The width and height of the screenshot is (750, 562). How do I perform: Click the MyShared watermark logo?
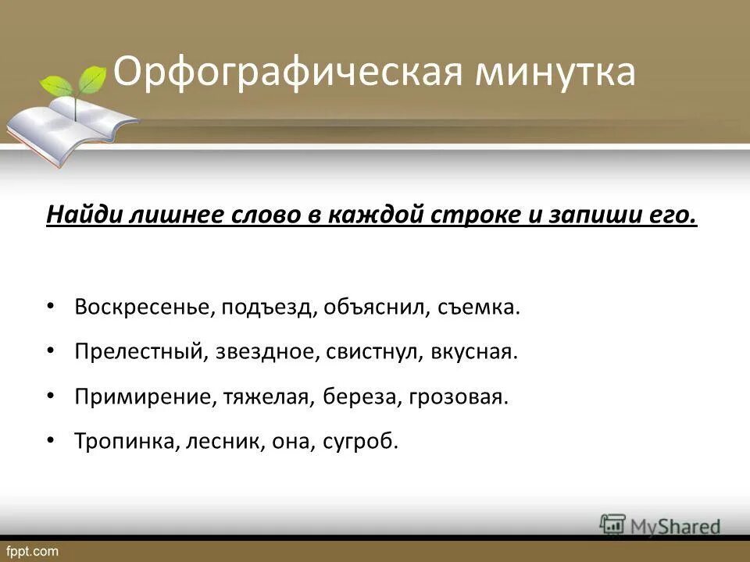point(660,525)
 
